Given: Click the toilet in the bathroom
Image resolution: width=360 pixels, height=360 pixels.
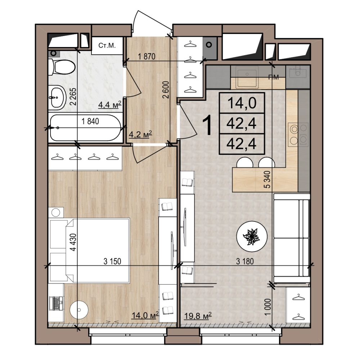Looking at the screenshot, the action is pyautogui.click(x=62, y=67).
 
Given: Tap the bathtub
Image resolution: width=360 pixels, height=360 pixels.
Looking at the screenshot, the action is pyautogui.click(x=86, y=128).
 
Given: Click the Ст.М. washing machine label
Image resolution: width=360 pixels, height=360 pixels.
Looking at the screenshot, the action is pyautogui.click(x=107, y=45).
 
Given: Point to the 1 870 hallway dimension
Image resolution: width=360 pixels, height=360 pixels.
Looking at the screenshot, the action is pyautogui.click(x=147, y=56).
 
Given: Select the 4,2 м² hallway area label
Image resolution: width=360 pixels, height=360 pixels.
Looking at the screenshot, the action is pyautogui.click(x=141, y=134).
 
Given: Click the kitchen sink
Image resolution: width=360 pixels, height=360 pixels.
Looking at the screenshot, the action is pyautogui.click(x=247, y=74).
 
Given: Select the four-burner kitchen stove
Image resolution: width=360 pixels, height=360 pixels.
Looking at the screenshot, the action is pyautogui.click(x=298, y=135).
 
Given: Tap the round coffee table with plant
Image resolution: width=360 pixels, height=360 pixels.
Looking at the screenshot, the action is pyautogui.click(x=252, y=236).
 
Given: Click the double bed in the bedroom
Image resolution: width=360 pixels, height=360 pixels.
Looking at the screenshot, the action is pyautogui.click(x=97, y=250).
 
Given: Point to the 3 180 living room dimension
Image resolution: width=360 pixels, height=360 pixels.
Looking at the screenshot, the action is pyautogui.click(x=245, y=261).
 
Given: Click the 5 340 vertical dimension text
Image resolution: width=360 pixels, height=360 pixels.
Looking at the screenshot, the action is pyautogui.click(x=268, y=180).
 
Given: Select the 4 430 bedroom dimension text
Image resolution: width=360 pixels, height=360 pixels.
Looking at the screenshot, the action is pyautogui.click(x=73, y=242).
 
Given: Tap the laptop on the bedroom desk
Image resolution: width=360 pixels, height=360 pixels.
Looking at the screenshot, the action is pyautogui.click(x=56, y=303).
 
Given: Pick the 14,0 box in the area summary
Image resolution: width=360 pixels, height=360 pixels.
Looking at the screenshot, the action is pyautogui.click(x=242, y=103).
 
